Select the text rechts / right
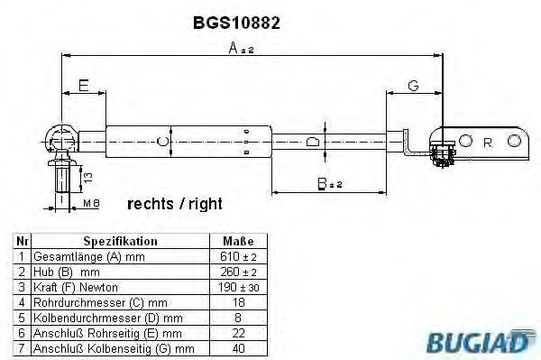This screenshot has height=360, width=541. pyautogui.click(x=174, y=204)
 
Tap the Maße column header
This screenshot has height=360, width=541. pyautogui.click(x=239, y=242)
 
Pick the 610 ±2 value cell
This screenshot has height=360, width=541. pyautogui.click(x=239, y=256)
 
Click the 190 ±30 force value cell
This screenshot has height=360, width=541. pyautogui.click(x=239, y=287)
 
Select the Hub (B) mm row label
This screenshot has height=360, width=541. pyautogui.click(x=69, y=272)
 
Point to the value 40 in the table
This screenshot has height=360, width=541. pyautogui.click(x=239, y=347)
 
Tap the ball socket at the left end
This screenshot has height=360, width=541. pyautogui.click(x=65, y=140)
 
